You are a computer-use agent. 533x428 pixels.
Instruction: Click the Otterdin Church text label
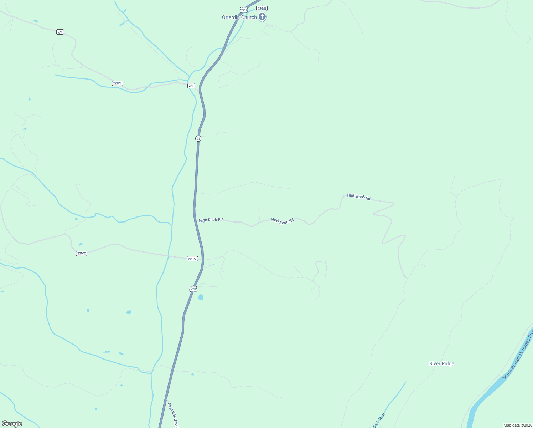click(239, 17)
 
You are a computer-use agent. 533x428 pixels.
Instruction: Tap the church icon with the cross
click(262, 16)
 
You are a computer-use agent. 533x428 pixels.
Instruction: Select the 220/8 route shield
click(262, 8)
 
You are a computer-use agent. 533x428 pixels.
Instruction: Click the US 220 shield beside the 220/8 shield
click(244, 10)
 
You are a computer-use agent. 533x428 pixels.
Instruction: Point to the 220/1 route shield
click(117, 83)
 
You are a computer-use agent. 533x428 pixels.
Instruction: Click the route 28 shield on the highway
click(198, 138)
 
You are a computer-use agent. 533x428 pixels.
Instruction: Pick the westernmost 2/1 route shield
click(60, 32)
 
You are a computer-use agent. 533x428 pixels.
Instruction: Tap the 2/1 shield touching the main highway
click(191, 86)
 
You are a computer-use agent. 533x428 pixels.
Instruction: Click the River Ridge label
click(441, 363)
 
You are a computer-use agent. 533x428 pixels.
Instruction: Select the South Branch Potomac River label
click(518, 355)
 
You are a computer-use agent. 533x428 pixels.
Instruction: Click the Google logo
click(12, 424)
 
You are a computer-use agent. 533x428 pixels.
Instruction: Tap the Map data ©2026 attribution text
click(517, 425)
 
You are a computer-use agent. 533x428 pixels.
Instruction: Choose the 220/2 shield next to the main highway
click(192, 259)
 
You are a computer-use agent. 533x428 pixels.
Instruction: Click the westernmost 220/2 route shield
click(81, 253)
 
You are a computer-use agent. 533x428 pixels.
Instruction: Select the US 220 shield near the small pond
click(193, 289)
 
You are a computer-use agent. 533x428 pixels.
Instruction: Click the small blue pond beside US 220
click(201, 297)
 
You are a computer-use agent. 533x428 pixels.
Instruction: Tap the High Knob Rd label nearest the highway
click(211, 220)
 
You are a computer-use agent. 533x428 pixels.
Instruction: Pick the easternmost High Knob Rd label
click(359, 197)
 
